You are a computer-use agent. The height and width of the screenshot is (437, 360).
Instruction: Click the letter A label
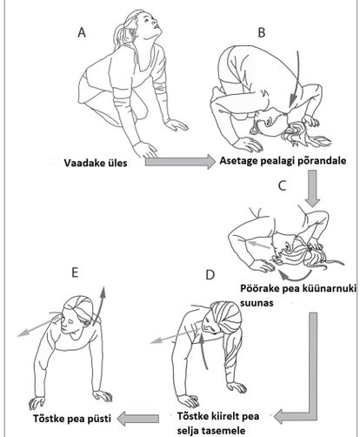[82, 32]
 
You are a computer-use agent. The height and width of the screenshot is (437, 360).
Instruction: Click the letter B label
[262, 32]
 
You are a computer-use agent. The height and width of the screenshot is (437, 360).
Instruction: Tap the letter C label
[282, 185]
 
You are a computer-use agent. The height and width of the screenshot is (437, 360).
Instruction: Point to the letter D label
[210, 274]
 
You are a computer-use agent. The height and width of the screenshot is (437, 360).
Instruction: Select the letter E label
[75, 272]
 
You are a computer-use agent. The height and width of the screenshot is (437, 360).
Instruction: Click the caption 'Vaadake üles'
[96, 163]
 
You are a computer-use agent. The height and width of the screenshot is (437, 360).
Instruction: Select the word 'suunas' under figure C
[257, 303]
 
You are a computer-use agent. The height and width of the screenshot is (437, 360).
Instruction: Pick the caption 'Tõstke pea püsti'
[72, 419]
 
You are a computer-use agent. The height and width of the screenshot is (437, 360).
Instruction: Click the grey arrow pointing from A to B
[180, 161]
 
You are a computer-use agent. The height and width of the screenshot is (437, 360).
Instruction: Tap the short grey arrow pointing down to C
[312, 188]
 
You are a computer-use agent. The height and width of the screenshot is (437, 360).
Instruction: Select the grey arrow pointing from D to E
[138, 419]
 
